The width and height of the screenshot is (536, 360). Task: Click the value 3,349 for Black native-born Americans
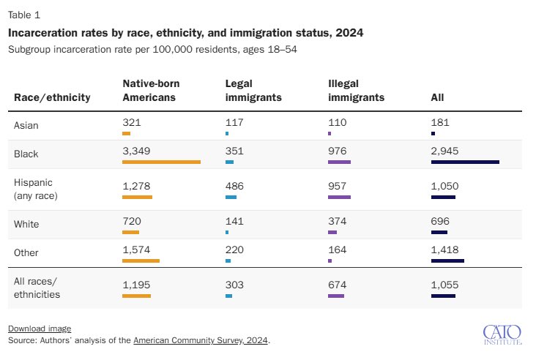coord(136,151)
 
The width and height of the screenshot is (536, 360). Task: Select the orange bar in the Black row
coord(161,162)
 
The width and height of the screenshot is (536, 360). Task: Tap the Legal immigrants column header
coord(253,91)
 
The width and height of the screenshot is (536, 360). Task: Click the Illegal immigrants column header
coord(356,91)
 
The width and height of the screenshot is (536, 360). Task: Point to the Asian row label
coord(26,125)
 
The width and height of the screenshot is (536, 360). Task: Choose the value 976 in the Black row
coord(337,151)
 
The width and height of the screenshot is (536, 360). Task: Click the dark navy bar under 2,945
coord(465,162)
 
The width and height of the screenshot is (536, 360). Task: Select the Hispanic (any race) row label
coord(36,189)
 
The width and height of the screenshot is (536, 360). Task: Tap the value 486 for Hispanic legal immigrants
coord(234,186)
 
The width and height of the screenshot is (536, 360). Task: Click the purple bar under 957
coord(340,197)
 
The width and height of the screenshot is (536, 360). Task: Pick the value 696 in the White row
coord(440,221)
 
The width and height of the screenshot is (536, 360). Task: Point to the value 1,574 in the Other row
coord(136,250)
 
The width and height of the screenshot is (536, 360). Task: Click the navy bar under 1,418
coord(448,261)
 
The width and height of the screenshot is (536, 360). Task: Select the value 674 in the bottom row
coord(337,285)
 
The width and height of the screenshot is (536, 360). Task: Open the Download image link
coord(40,329)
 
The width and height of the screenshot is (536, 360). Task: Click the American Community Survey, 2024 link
coord(201,340)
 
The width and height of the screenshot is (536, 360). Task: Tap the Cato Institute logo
coord(502,334)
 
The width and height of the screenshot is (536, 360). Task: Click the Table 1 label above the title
coord(24,15)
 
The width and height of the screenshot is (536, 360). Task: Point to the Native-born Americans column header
coord(151,91)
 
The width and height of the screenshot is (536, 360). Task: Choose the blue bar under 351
coord(230,162)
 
